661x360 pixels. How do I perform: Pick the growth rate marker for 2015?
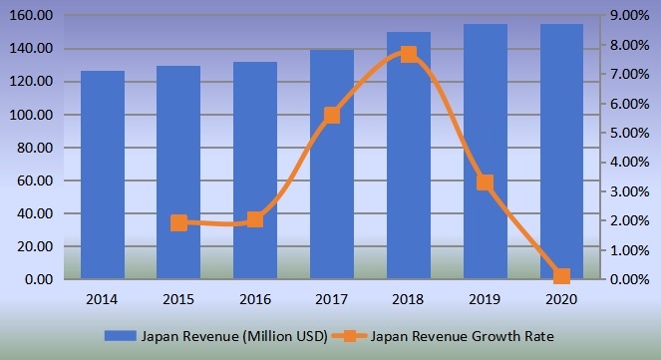179,222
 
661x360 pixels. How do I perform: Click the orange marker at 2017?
332,116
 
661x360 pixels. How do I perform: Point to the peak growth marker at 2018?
409,54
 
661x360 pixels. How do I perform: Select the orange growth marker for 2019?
485,182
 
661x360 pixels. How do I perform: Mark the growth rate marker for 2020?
561,276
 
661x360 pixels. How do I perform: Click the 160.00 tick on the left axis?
35,16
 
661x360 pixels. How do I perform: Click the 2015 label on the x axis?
179,298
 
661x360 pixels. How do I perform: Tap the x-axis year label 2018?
409,298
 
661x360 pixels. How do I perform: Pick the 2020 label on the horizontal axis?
561,298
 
